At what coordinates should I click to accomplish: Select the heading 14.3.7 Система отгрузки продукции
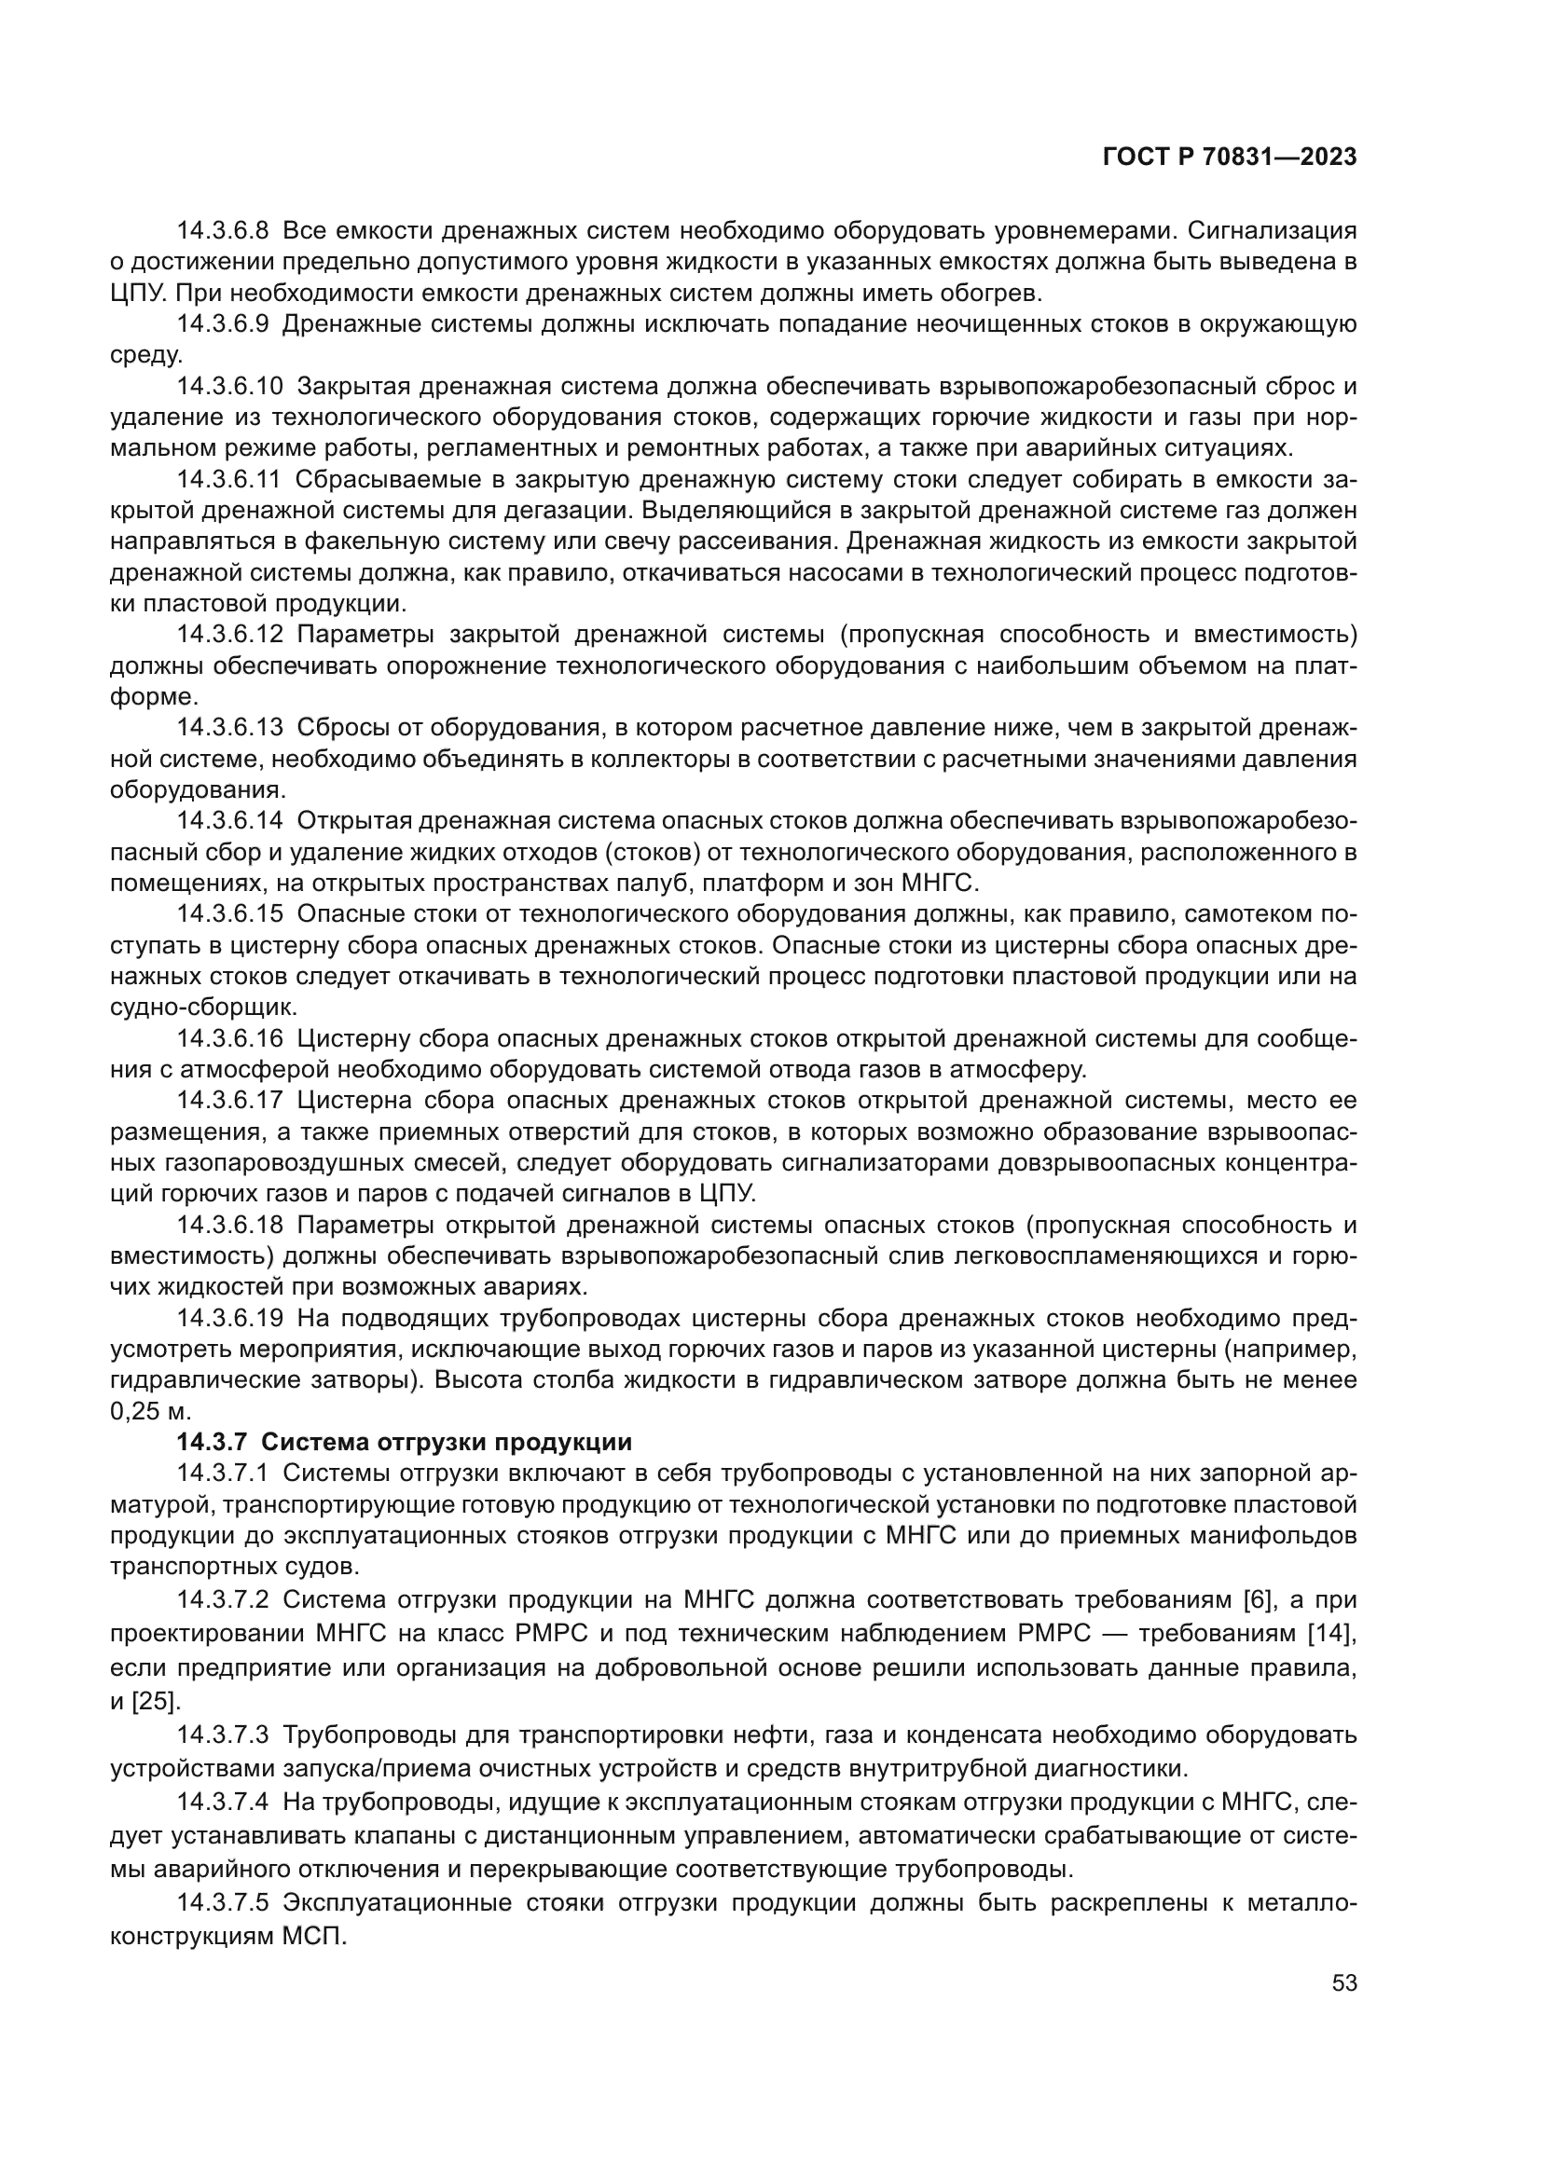(x=404, y=1442)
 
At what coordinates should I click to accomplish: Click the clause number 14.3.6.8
(x=223, y=231)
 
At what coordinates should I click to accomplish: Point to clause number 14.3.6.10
(x=229, y=387)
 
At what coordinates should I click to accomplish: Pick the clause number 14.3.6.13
(x=229, y=728)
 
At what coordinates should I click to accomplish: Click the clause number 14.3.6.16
(x=229, y=1040)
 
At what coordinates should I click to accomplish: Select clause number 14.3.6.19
(x=229, y=1319)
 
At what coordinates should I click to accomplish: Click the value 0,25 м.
(x=150, y=1412)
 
